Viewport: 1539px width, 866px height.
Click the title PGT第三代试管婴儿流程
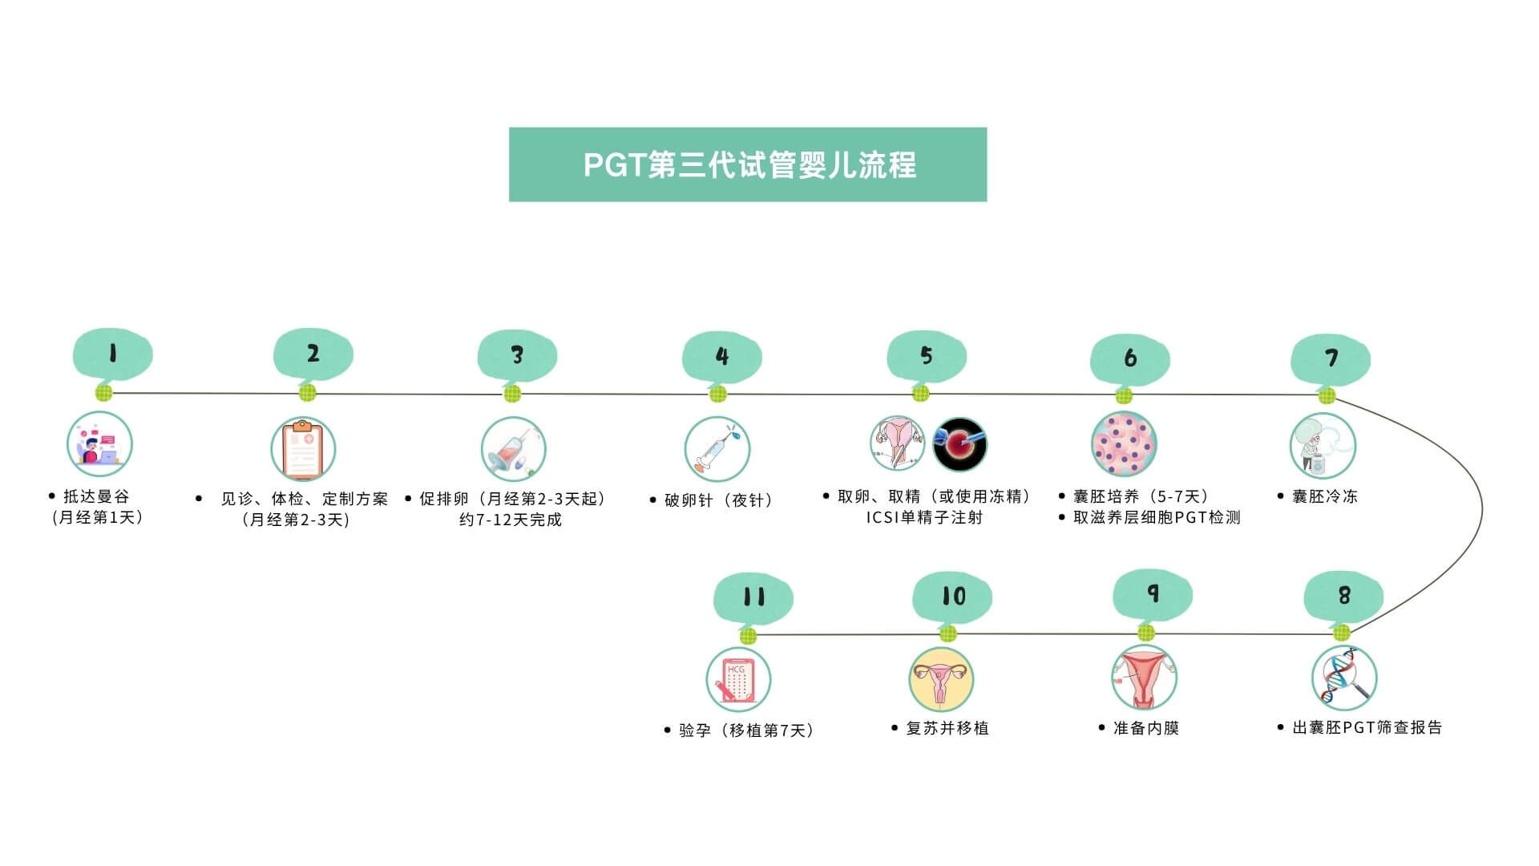[x=748, y=164]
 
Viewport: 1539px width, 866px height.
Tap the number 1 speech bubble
[x=112, y=354]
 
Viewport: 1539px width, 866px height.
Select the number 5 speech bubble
[x=927, y=356]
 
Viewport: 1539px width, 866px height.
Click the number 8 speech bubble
[x=1343, y=596]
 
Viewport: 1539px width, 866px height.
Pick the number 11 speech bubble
[x=753, y=597]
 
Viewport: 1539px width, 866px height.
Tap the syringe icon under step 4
[x=717, y=449]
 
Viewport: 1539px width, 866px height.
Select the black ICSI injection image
[x=959, y=443]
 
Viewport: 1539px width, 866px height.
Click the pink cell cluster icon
[x=1124, y=444]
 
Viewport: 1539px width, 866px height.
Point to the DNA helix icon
[x=1343, y=678]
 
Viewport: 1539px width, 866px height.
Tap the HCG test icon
[x=738, y=680]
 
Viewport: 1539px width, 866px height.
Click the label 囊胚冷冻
[x=1325, y=496]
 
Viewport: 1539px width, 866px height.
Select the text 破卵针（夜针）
[x=718, y=500]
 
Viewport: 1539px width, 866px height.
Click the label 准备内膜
[x=1146, y=728]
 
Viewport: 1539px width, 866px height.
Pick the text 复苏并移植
[x=947, y=728]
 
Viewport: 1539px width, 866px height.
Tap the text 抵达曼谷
[x=96, y=496]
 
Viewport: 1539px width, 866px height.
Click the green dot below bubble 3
[x=512, y=394]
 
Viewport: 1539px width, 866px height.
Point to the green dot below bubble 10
[x=947, y=634]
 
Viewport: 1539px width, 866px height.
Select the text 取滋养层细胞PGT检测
[x=1157, y=517]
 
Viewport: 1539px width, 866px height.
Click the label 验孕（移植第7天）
[x=746, y=730]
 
